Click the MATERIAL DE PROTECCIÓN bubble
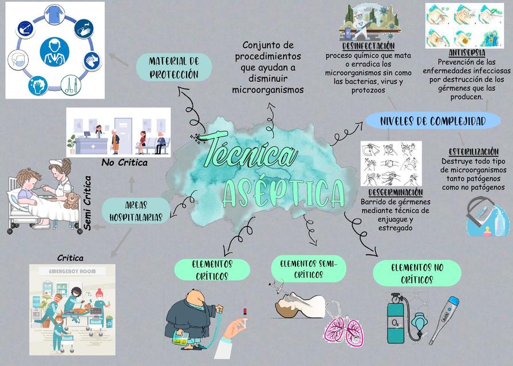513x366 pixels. [x=173, y=67]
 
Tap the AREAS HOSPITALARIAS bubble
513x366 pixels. [x=136, y=211]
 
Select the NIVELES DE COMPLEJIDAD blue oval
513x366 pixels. [x=433, y=121]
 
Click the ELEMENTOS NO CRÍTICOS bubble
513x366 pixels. [x=417, y=273]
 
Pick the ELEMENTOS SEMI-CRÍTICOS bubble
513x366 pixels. [x=309, y=269]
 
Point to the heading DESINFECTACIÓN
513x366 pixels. [x=368, y=45]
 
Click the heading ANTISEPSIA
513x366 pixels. [x=467, y=53]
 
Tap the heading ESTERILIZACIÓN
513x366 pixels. [x=473, y=152]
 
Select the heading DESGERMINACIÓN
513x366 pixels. [x=396, y=192]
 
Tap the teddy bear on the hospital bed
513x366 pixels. [x=72, y=200]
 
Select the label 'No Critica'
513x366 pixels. [x=124, y=162]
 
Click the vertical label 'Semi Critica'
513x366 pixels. [x=88, y=203]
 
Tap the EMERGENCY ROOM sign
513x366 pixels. [x=72, y=271]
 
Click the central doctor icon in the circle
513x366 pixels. [x=54, y=51]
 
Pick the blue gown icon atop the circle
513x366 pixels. [x=54, y=14]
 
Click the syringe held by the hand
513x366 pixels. [x=244, y=316]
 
